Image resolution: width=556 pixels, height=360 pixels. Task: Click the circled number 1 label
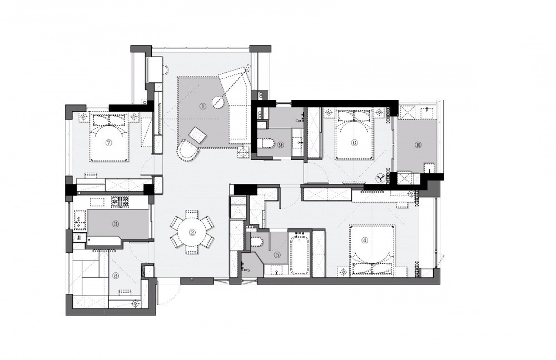click(203, 106)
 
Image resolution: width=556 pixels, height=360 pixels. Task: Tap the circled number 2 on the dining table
click(192, 232)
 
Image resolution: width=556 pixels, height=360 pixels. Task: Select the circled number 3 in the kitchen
click(116, 223)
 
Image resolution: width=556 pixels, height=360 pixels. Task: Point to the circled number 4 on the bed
click(365, 240)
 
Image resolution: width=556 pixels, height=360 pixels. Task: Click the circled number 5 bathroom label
click(277, 254)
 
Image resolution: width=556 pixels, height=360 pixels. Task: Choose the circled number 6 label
click(354, 142)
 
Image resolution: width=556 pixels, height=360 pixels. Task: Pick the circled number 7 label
click(109, 142)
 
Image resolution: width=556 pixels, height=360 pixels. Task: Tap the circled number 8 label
click(116, 276)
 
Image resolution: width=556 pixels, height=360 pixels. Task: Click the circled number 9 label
click(280, 144)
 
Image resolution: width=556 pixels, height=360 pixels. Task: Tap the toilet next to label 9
click(267, 144)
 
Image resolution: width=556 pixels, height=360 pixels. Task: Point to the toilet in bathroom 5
click(256, 242)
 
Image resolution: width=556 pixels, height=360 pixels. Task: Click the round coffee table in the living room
click(218, 102)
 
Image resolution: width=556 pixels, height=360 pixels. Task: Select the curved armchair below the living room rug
click(187, 151)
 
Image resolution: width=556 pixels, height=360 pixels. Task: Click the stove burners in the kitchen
click(120, 202)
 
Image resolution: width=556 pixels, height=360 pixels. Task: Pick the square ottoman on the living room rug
click(197, 135)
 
